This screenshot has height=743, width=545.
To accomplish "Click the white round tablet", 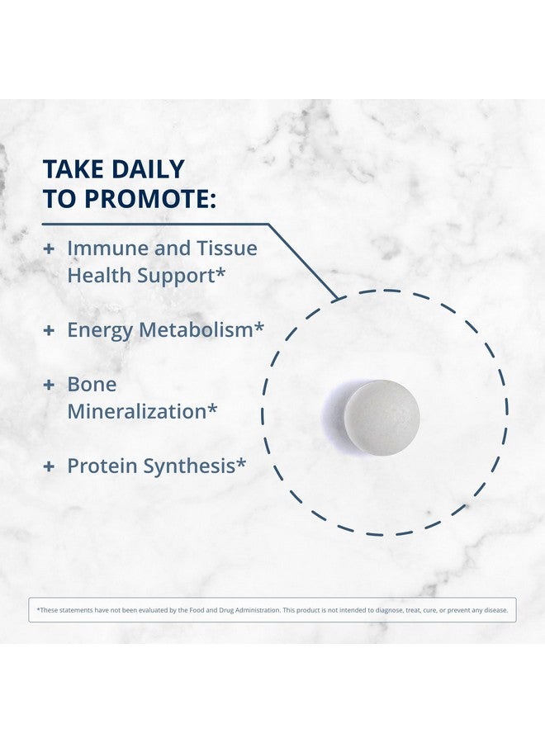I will pos(381,414).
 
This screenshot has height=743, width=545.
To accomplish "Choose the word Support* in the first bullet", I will pos(177,275).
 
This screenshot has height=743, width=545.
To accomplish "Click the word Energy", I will pos(99,329).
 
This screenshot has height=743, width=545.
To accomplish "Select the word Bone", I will pos(92,384).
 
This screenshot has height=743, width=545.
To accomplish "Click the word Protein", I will pos(102,466).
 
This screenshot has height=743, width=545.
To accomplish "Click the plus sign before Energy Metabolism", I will pos(49,330).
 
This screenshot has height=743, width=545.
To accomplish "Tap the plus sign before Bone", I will pos(49,385).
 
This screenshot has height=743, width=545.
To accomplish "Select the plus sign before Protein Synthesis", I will pos(49,466).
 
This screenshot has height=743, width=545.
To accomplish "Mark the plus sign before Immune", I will pos(49,248).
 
